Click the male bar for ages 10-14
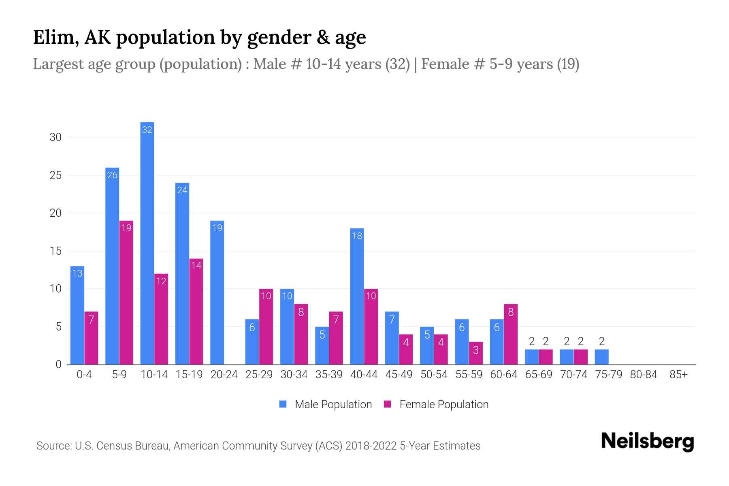147,243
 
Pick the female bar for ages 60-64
511,334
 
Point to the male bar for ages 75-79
601,357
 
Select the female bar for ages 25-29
266,326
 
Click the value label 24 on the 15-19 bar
182,190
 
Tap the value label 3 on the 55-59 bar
476,350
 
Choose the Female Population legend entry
436,404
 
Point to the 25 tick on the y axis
55,175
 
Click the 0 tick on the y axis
58,364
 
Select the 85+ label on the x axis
678,375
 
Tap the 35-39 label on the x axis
329,375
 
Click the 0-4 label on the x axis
84,375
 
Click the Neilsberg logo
647,441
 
